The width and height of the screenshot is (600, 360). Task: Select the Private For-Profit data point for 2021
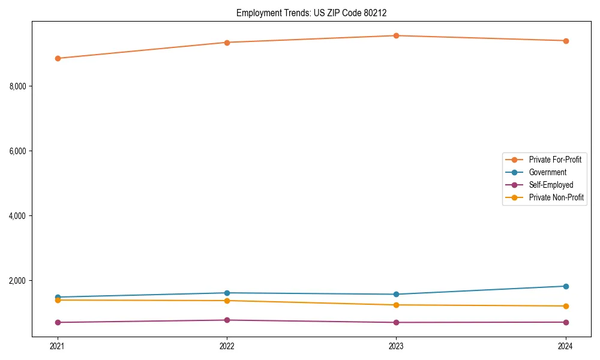click(58, 58)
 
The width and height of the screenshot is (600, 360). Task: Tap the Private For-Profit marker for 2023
click(397, 35)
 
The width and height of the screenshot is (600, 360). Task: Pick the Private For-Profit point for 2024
click(566, 41)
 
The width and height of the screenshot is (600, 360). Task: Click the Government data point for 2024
click(566, 286)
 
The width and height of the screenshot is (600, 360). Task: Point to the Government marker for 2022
click(227, 293)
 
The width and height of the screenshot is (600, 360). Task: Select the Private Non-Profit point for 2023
click(397, 305)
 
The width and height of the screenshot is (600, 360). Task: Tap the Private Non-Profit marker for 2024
click(566, 306)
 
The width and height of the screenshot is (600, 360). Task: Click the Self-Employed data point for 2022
click(227, 320)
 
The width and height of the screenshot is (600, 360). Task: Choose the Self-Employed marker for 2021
click(58, 322)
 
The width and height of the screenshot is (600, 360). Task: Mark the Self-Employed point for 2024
click(566, 322)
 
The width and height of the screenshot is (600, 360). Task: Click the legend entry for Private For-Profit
click(554, 160)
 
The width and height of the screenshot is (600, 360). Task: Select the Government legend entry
click(547, 172)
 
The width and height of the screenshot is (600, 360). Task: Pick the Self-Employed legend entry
click(551, 185)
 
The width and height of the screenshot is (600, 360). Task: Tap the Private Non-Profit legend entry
click(556, 197)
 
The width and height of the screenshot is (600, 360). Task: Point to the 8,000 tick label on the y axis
click(17, 86)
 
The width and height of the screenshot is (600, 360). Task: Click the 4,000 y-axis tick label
click(17, 216)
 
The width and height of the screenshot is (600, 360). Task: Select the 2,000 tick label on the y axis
click(17, 281)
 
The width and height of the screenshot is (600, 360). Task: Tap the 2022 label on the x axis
click(227, 346)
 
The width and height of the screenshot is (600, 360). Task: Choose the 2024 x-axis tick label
click(566, 346)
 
